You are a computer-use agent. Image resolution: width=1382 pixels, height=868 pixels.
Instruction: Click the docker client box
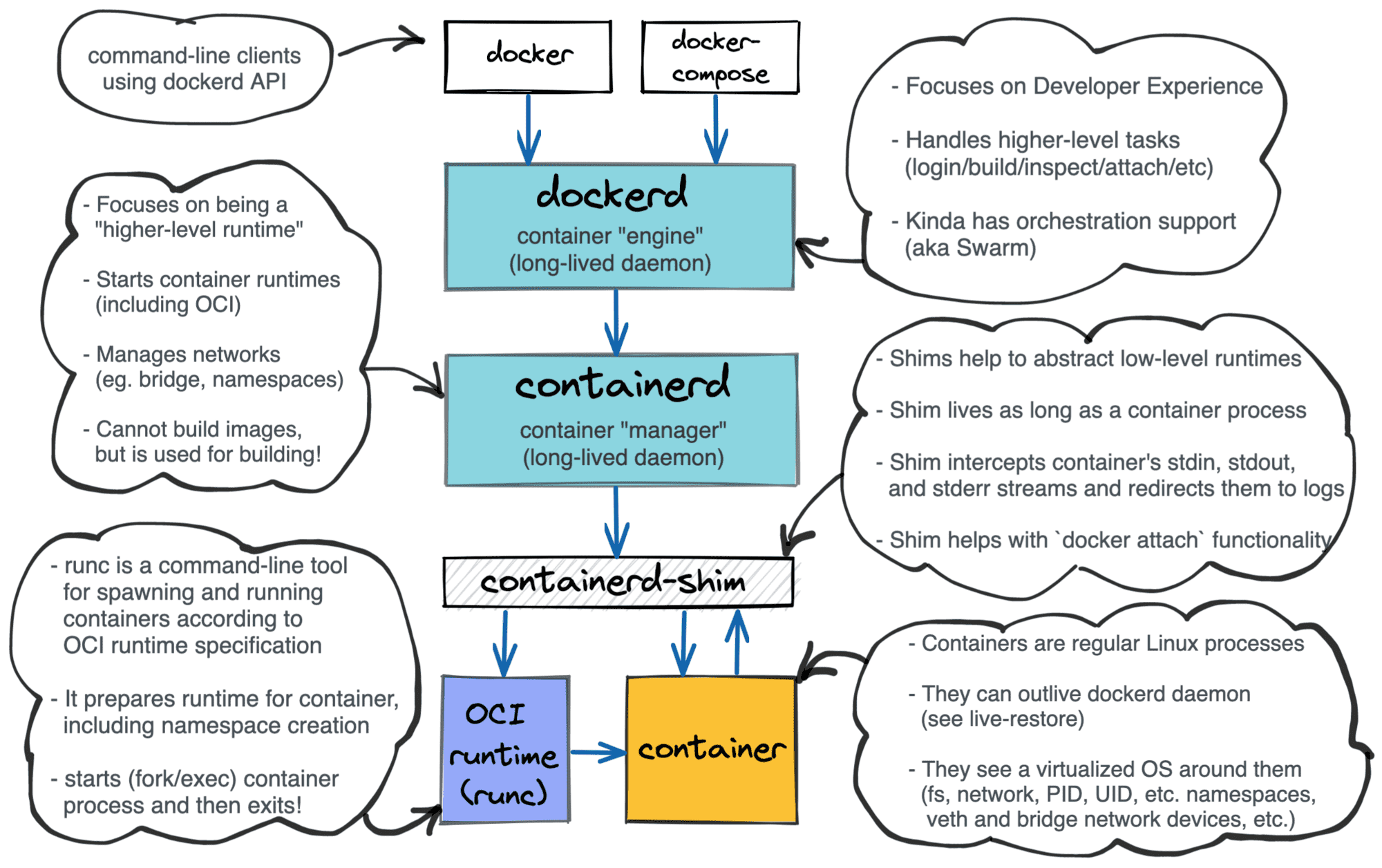pos(528,57)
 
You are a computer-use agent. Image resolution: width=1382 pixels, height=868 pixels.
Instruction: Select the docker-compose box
pos(720,57)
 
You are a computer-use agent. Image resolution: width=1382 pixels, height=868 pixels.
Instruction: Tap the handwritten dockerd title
pos(612,194)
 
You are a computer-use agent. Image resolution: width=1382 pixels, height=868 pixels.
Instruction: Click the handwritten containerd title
pos(622,384)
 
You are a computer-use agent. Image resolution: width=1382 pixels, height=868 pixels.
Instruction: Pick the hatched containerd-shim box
pos(617,582)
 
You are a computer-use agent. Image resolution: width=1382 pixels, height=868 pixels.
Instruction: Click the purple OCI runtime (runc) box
pos(505,750)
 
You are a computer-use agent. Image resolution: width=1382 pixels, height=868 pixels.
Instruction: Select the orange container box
pos(711,750)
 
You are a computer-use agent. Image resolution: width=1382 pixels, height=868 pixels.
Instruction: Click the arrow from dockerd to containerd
pos(616,321)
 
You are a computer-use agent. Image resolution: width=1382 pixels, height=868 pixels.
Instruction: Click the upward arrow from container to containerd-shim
pos(737,643)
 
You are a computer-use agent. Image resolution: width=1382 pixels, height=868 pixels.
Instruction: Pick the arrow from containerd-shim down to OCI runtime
pos(505,643)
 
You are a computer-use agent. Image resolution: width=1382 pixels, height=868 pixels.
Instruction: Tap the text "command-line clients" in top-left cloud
pos(194,55)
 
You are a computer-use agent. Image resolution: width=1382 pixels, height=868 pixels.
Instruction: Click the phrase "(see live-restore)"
pos(1002,719)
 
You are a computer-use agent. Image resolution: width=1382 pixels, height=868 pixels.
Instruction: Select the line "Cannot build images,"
pos(198,429)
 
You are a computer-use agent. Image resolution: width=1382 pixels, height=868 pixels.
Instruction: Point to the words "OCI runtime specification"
pos(192,645)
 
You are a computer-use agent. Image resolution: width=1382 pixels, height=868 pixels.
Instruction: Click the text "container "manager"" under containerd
pos(623,430)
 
